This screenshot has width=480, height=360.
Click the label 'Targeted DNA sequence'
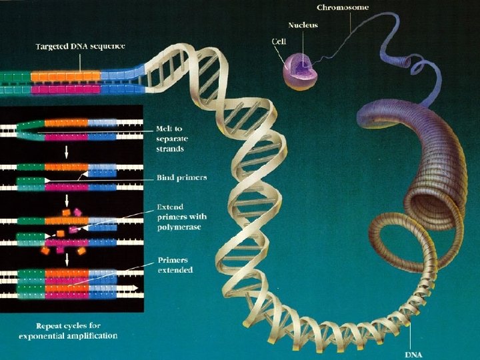click(x=80, y=46)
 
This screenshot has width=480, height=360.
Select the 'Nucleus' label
click(x=302, y=25)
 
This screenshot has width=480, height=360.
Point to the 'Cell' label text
click(x=279, y=41)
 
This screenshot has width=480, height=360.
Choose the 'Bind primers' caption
click(x=181, y=178)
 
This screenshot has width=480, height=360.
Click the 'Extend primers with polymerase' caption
click(x=181, y=217)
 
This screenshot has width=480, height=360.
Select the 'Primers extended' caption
click(x=175, y=265)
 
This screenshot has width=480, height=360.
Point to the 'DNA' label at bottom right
click(x=413, y=353)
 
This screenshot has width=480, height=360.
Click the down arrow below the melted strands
click(x=65, y=152)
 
